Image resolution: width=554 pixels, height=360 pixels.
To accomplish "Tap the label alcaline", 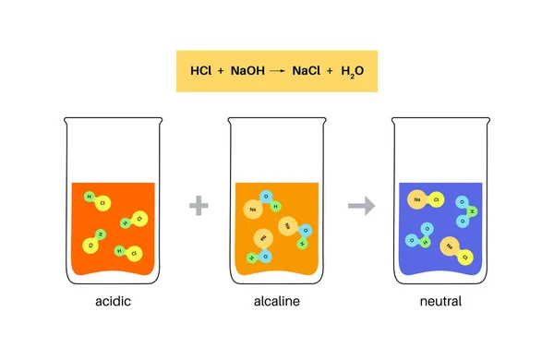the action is coord(277,302).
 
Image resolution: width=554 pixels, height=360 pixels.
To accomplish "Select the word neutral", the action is coord(439,302).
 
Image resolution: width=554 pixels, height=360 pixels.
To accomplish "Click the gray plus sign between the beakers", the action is coord(196,205).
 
